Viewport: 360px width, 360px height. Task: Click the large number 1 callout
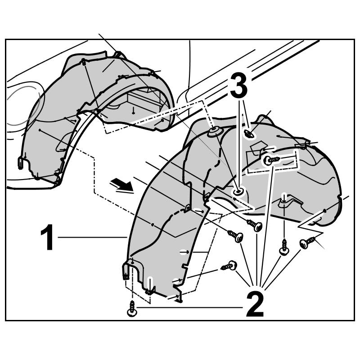47,238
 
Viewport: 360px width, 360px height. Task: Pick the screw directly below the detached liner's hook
131,310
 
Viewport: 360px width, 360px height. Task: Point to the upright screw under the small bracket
284,247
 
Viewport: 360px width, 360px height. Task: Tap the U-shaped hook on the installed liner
21,163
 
